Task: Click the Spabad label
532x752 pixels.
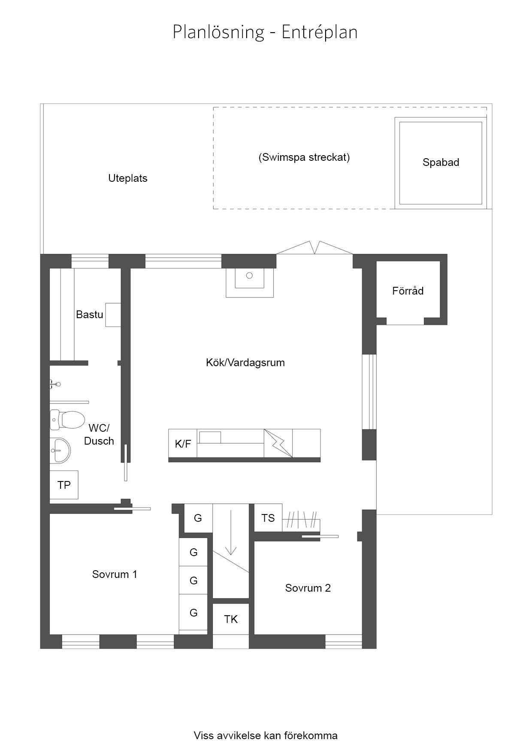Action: coord(441,162)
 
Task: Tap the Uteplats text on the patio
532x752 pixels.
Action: coord(128,178)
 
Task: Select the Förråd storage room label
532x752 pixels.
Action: coord(408,291)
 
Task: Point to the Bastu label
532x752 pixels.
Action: coord(90,314)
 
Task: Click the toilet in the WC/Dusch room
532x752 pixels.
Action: coord(67,420)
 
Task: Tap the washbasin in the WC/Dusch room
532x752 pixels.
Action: coord(60,450)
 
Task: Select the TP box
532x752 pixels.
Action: coord(64,485)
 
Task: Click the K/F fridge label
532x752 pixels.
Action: coord(183,444)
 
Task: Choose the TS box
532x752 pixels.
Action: coord(268,518)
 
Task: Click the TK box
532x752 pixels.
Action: coord(231,619)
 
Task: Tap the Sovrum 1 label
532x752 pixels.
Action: coord(115,574)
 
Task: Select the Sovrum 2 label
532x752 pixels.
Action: coord(308,588)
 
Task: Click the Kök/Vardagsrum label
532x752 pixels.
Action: coord(245,363)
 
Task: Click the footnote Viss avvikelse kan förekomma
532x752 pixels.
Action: coord(266,736)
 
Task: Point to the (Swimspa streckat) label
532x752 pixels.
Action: coord(304,157)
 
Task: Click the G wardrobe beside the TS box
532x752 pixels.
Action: coord(198,518)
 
